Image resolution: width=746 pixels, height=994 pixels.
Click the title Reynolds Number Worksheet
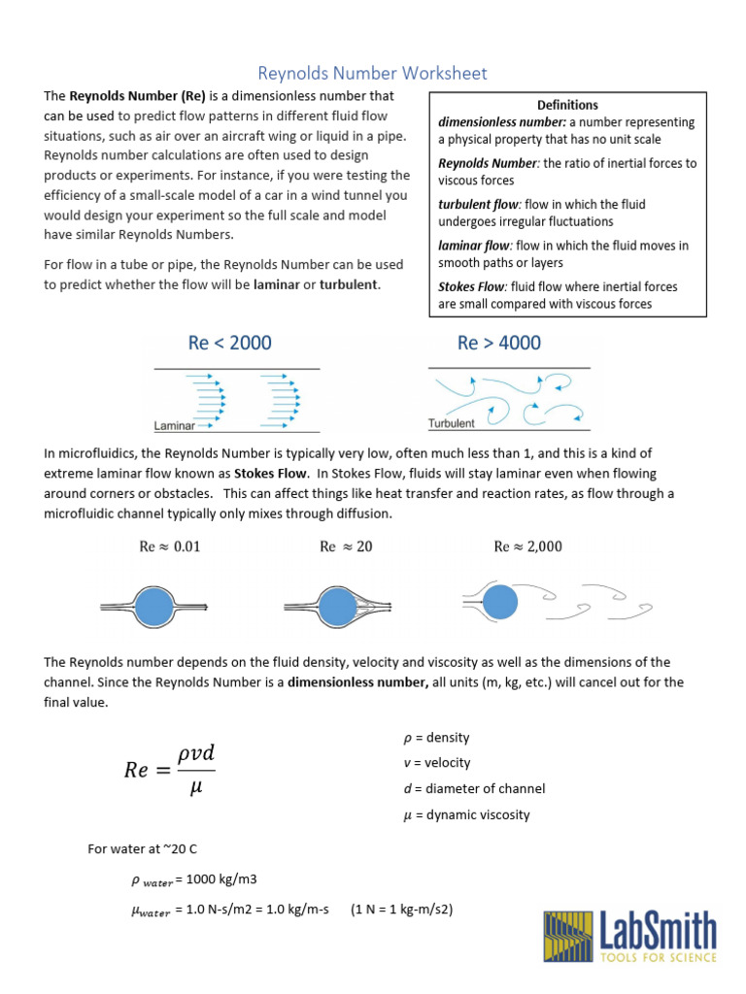pyautogui.click(x=372, y=73)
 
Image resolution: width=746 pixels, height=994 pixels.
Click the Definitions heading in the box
pyautogui.click(x=567, y=105)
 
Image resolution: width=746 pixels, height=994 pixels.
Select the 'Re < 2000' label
pyautogui.click(x=229, y=343)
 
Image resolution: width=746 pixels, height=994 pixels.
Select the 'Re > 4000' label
pyautogui.click(x=499, y=343)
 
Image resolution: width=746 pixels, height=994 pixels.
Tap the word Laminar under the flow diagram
pyautogui.click(x=175, y=425)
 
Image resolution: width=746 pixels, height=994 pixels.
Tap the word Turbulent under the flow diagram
pyautogui.click(x=452, y=423)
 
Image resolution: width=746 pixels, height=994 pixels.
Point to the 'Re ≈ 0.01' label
pyautogui.click(x=170, y=547)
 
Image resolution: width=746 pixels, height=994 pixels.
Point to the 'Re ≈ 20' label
pyautogui.click(x=346, y=547)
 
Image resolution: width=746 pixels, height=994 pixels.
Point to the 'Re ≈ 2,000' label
pyautogui.click(x=527, y=547)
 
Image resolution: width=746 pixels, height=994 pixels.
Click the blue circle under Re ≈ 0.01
pyautogui.click(x=153, y=608)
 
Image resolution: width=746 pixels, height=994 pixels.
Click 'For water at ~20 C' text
pyautogui.click(x=142, y=849)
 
